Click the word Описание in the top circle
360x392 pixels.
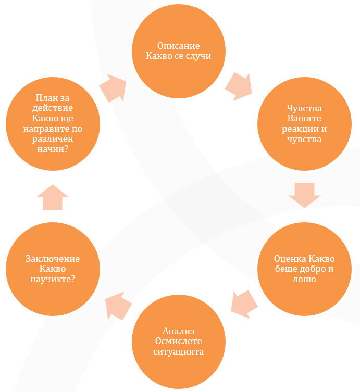[178, 46]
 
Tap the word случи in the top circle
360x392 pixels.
[198, 56]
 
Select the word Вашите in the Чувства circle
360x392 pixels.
[304, 118]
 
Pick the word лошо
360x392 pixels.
[304, 279]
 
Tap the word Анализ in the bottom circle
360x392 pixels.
[178, 331]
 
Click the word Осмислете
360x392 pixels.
[178, 341]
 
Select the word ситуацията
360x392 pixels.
[178, 351]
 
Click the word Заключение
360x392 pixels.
[53, 259]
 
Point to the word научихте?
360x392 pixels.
[53, 279]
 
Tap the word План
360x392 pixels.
[45, 98]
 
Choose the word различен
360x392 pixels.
[53, 139]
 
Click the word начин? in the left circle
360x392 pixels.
[53, 149]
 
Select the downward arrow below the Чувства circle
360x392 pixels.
[304, 195]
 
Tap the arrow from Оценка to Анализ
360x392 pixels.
[244, 305]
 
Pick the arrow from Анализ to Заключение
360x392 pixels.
[119, 306]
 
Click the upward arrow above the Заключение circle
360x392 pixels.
[53, 197]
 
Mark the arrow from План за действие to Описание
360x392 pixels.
[113, 88]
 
